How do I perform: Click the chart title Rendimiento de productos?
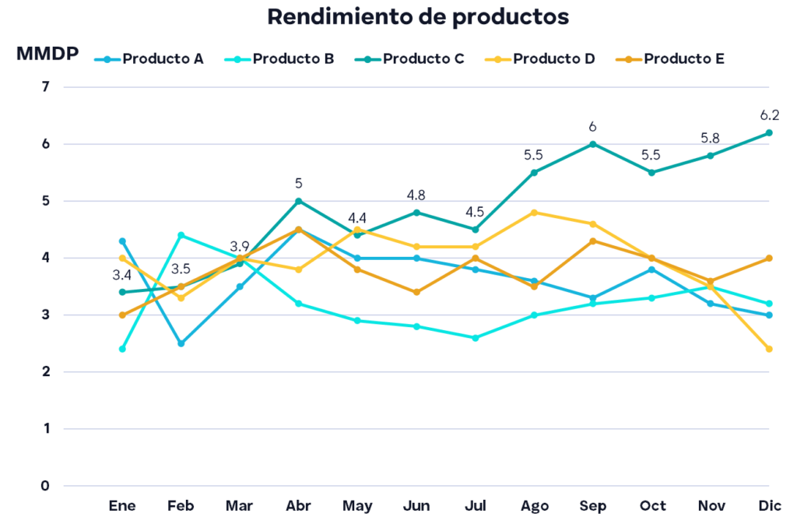click(x=418, y=17)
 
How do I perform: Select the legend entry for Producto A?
click(x=153, y=58)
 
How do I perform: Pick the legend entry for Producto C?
click(x=413, y=58)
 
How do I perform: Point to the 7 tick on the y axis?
click(x=45, y=87)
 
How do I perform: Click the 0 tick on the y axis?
click(x=45, y=486)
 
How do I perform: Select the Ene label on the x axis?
click(x=122, y=505)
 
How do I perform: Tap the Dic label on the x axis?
click(x=770, y=505)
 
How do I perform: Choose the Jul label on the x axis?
click(x=476, y=505)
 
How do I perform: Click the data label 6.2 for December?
click(x=770, y=116)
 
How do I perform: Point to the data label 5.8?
click(x=710, y=139)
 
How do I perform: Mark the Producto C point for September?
click(x=593, y=144)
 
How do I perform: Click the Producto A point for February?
click(x=181, y=343)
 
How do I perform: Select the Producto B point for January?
click(x=122, y=349)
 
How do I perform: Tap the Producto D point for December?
click(x=770, y=349)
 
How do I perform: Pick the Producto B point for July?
click(x=476, y=338)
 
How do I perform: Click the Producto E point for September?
click(x=593, y=241)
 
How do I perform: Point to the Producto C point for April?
click(x=299, y=201)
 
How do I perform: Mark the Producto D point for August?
click(x=535, y=212)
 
